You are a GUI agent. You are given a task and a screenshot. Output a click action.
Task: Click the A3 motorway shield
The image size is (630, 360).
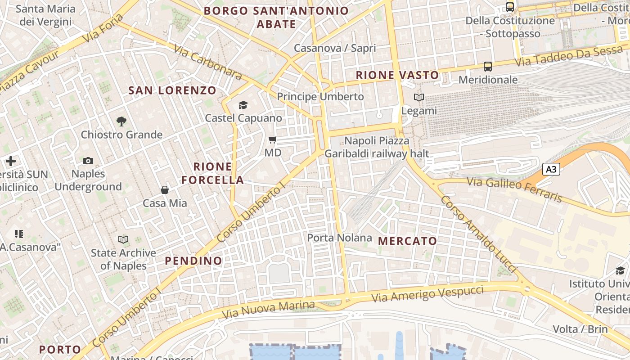[552, 170]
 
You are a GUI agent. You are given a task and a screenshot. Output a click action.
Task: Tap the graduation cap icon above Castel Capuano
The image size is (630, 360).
[243, 105]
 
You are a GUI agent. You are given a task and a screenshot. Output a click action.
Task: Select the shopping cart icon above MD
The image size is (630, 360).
[272, 140]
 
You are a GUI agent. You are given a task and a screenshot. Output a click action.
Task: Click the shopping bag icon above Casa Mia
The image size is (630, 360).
[165, 190]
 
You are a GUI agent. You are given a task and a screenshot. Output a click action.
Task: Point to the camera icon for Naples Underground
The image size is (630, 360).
[88, 161]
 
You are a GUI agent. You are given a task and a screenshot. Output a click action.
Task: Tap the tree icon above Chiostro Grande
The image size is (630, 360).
[121, 121]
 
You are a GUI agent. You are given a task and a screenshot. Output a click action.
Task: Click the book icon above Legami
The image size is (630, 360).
[419, 97]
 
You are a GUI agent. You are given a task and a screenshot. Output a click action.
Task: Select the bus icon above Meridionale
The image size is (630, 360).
[488, 67]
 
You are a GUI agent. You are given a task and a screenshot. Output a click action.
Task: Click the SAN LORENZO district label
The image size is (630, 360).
[172, 90]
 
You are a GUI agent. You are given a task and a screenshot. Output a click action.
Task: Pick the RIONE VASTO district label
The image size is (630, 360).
[397, 75]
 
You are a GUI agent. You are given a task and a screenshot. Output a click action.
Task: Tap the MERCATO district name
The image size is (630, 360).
[408, 241]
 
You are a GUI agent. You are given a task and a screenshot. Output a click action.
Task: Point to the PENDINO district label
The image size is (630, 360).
[193, 261]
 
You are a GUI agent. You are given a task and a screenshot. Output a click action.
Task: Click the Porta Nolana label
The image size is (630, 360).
[340, 238]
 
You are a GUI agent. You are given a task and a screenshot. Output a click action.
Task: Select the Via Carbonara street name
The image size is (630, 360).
[207, 63]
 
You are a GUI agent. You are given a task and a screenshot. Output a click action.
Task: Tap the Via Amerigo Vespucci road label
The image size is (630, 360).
[427, 294]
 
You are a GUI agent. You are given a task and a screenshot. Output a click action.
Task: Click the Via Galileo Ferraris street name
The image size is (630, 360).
[515, 189]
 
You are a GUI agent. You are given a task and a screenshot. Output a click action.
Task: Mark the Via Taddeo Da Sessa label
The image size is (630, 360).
[568, 57]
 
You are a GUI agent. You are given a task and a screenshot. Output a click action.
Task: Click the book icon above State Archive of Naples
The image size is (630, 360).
[123, 240]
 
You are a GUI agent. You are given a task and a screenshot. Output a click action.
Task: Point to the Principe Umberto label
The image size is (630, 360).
[320, 97]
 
